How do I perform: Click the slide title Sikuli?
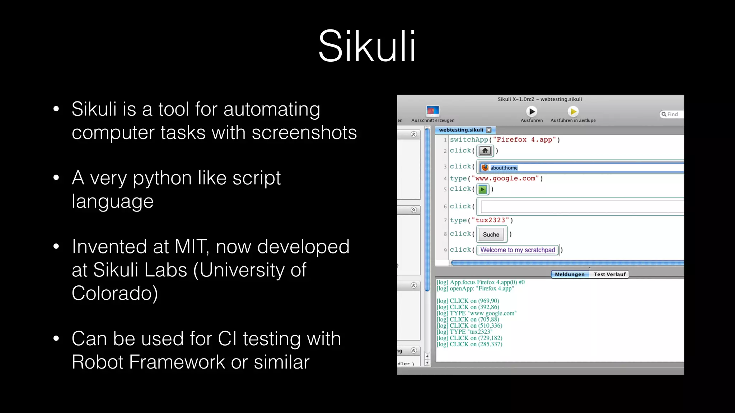click(367, 47)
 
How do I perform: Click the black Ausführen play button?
click(532, 112)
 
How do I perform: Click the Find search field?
click(672, 114)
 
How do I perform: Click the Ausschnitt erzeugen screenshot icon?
click(432, 111)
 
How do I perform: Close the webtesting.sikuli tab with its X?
click(488, 130)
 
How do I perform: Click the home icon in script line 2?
click(485, 151)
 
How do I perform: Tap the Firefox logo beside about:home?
click(485, 167)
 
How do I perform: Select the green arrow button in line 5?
click(483, 189)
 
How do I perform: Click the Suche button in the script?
click(491, 234)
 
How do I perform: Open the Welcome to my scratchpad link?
click(518, 250)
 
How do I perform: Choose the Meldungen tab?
click(570, 274)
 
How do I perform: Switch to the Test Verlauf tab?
click(609, 274)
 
